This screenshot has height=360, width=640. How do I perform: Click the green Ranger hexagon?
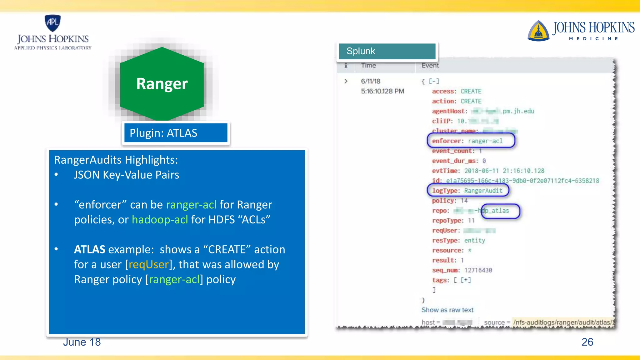162,84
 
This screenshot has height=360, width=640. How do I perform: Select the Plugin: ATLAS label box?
176,133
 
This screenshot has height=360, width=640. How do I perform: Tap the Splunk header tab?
387,51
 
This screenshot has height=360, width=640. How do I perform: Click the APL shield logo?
52,23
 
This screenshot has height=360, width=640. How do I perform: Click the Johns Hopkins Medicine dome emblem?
538,31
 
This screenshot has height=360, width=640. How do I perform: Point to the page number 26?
587,342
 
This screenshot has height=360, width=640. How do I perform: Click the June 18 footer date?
82,342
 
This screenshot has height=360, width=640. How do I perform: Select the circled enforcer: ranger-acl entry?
470,141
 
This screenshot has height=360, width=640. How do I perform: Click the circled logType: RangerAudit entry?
467,191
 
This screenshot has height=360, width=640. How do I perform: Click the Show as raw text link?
447,310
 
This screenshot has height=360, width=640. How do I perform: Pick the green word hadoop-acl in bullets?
160,220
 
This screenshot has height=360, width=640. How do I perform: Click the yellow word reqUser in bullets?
149,265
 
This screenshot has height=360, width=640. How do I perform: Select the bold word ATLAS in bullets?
89,250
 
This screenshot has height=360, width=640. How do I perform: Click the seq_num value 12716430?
478,270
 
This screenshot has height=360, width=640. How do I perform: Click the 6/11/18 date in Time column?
370,81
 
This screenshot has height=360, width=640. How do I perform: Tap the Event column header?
430,65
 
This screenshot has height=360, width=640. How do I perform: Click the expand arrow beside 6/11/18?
346,81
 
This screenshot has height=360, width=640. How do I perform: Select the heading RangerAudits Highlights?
116,160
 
